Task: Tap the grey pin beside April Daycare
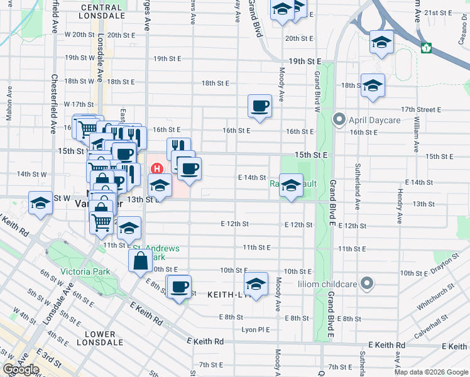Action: click(x=340, y=118)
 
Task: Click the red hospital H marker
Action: click(x=158, y=168)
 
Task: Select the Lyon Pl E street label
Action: click(x=255, y=329)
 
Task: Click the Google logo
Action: click(x=21, y=369)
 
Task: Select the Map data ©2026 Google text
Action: click(x=430, y=372)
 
